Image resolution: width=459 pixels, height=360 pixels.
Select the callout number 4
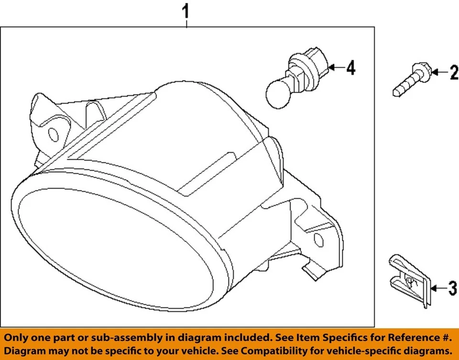(x=350, y=68)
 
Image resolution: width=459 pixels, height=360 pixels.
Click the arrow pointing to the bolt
(x=439, y=73)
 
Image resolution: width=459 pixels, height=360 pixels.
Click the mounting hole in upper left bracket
(x=54, y=135)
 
